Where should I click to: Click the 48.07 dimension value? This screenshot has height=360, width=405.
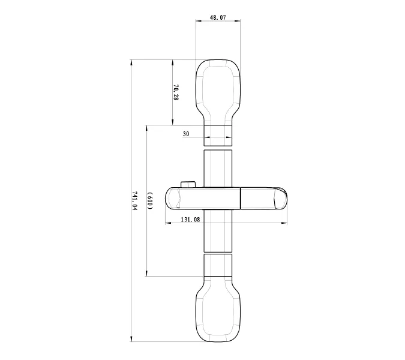(x=218, y=19)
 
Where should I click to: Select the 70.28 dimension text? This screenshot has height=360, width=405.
(x=176, y=92)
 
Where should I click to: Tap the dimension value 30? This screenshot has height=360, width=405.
(x=187, y=135)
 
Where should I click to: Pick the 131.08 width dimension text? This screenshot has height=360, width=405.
(x=190, y=220)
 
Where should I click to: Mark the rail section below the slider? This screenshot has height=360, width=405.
(x=217, y=231)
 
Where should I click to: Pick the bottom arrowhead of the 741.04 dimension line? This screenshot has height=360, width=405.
(x=132, y=340)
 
